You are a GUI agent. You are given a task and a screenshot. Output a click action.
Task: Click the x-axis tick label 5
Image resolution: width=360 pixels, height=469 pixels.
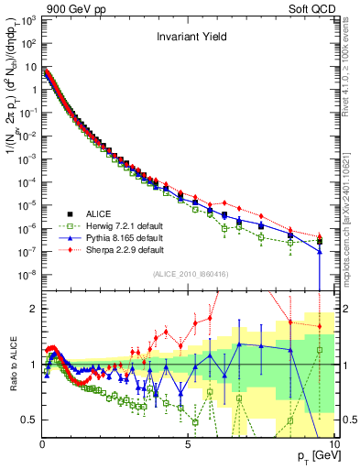188,444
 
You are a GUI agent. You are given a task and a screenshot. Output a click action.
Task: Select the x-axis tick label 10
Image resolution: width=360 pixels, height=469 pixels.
333,444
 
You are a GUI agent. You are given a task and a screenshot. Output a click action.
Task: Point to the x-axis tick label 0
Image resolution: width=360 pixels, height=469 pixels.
43,444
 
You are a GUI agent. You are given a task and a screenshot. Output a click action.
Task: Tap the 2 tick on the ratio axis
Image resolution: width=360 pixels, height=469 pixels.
35,309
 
